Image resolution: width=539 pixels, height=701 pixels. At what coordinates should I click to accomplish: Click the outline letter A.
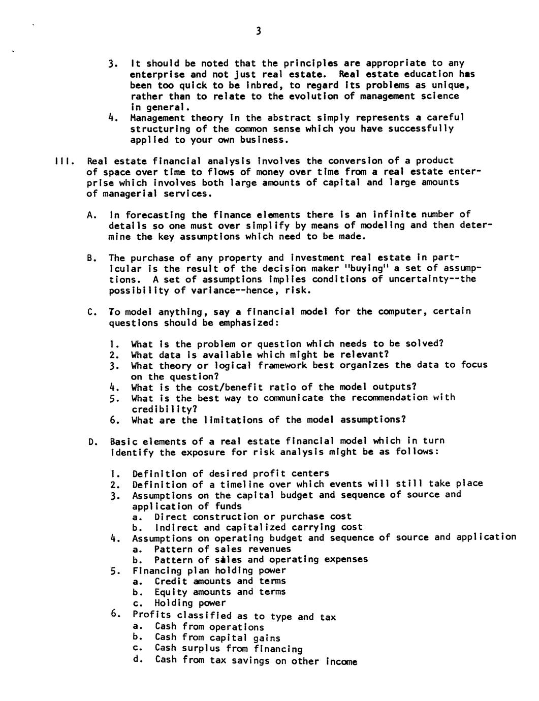[x=91, y=215]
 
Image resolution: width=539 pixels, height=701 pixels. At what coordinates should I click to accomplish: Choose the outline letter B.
[x=91, y=258]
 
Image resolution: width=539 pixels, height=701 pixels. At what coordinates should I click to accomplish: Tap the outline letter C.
[x=91, y=312]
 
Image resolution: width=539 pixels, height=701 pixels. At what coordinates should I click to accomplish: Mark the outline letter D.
[x=92, y=442]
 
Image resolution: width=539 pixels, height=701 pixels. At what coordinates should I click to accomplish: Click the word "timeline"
[x=241, y=484]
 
